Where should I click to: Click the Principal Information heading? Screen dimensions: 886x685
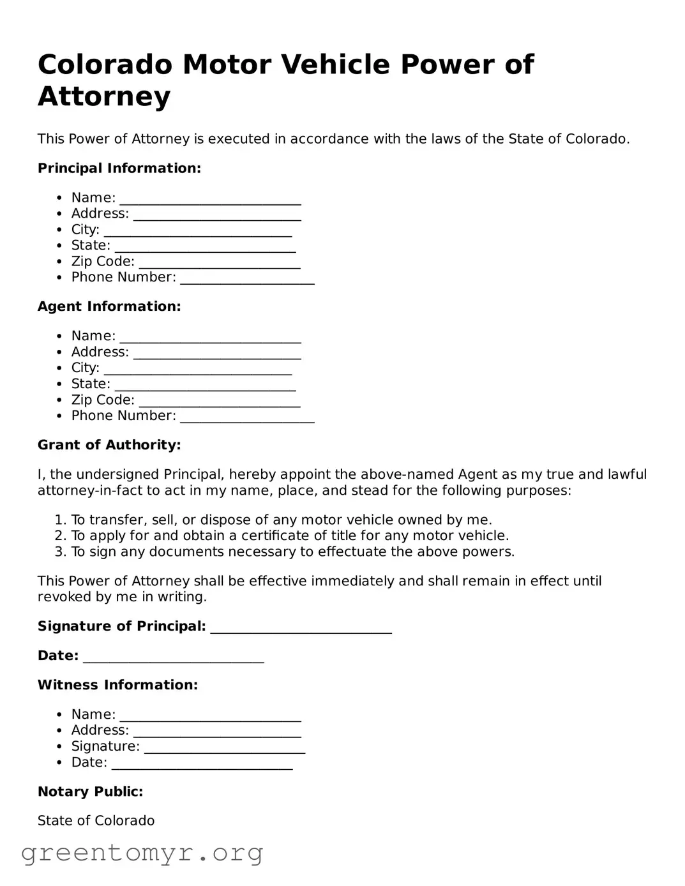click(119, 169)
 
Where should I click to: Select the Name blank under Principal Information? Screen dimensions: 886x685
click(210, 199)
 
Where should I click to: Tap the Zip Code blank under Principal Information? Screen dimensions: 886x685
click(219, 263)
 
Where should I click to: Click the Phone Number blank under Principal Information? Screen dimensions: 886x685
click(247, 279)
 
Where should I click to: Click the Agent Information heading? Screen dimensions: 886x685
click(109, 306)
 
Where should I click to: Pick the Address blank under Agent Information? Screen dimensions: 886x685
click(217, 354)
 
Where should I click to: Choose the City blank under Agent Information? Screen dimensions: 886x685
click(198, 370)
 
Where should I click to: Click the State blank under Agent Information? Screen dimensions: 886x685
click(205, 386)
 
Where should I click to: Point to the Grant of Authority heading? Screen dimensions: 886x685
click(109, 445)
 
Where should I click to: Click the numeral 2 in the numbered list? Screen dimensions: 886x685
click(59, 536)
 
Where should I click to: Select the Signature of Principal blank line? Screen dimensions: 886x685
click(301, 628)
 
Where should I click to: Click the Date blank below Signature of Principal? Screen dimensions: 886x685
click(173, 657)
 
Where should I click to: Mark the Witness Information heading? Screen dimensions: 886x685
click(117, 685)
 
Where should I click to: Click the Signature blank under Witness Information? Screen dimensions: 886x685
click(224, 748)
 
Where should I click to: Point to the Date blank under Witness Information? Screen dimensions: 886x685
click(202, 764)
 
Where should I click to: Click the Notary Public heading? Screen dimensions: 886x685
click(90, 792)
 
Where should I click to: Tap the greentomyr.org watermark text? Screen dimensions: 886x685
click(142, 853)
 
